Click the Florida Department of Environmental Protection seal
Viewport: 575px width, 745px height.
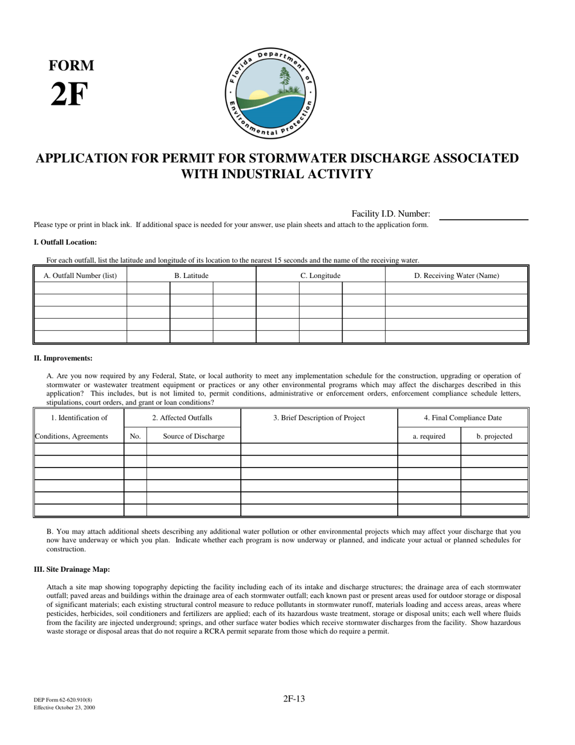click(x=271, y=94)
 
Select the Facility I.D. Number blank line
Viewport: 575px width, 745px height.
click(x=483, y=215)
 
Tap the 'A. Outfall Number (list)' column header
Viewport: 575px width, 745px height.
click(x=80, y=276)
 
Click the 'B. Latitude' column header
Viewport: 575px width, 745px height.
click(x=191, y=276)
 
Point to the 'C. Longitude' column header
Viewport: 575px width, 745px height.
click(x=320, y=276)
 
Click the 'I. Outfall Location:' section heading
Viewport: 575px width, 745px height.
click(x=65, y=242)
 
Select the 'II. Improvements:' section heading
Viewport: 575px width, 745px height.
click(x=63, y=359)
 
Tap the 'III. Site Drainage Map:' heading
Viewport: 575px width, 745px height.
click(x=72, y=569)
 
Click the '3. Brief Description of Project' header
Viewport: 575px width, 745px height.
click(x=319, y=418)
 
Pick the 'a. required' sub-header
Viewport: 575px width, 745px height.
click(x=429, y=436)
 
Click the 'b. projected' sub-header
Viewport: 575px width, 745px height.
click(x=494, y=436)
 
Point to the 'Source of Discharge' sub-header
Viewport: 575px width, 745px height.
click(x=194, y=436)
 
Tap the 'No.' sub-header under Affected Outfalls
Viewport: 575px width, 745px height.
click(x=135, y=436)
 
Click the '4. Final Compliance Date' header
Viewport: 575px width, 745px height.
click(x=462, y=418)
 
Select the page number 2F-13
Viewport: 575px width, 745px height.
click(x=294, y=698)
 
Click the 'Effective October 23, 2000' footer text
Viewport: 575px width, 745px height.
click(x=64, y=707)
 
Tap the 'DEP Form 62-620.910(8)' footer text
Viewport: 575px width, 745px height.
click(x=62, y=700)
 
